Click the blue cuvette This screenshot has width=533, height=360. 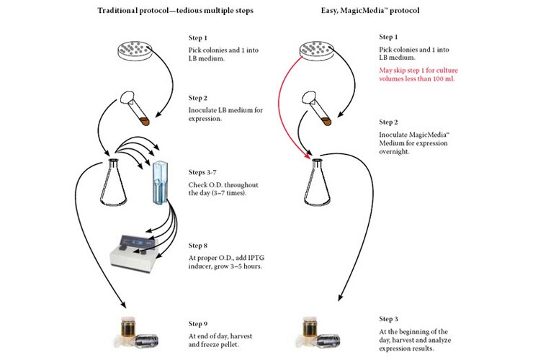161,184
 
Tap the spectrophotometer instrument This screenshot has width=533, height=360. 134,251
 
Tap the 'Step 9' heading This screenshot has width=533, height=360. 198,323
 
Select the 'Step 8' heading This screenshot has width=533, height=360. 198,246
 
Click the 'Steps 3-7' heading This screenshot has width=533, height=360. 202,172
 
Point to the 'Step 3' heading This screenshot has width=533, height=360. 388,319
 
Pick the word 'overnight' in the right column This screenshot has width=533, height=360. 394,152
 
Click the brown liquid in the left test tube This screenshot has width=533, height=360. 145,122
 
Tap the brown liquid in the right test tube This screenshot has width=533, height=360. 326,122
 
